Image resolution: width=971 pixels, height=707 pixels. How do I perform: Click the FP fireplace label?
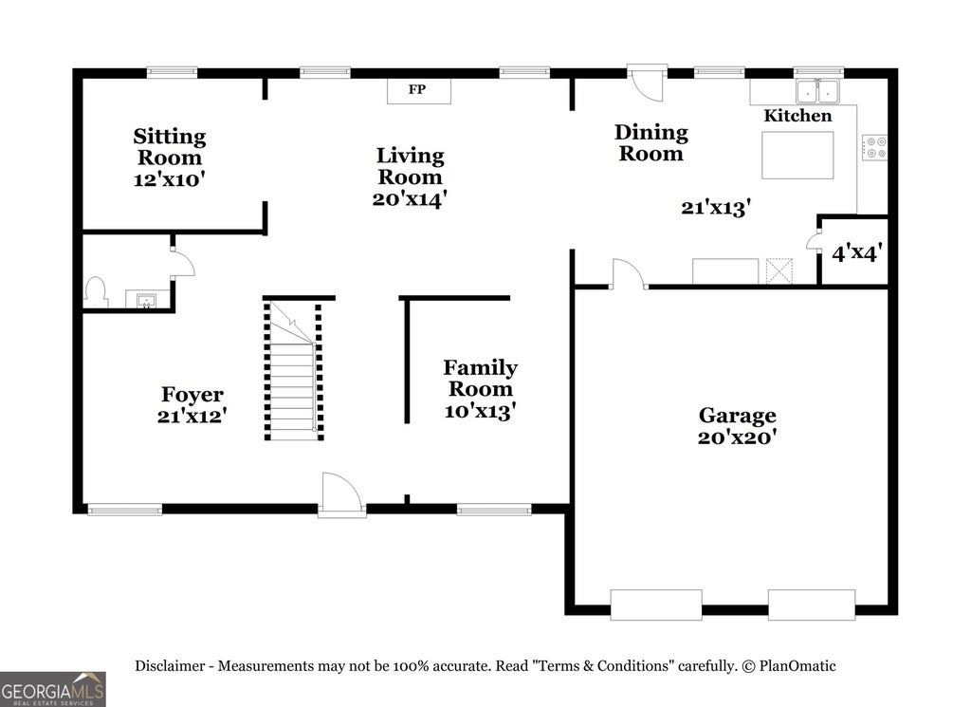click(x=417, y=89)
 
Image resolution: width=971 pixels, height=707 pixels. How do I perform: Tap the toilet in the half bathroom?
click(x=96, y=292)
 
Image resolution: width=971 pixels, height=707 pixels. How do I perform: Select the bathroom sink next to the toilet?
click(x=147, y=299)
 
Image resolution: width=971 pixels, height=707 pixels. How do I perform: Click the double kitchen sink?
click(x=817, y=92)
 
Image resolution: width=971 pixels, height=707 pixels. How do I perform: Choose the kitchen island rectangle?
click(x=797, y=155)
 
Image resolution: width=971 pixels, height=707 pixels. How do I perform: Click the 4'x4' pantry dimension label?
click(x=856, y=252)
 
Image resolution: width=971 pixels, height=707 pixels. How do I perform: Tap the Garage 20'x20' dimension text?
click(x=737, y=437)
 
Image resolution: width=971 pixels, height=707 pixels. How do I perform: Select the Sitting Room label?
click(x=170, y=146)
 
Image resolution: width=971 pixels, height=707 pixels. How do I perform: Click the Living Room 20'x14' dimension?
click(x=410, y=199)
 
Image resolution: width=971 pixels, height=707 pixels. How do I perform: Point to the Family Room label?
click(x=481, y=378)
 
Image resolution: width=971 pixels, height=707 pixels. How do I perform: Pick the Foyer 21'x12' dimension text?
click(x=192, y=416)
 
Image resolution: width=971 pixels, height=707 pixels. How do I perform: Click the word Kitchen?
click(x=797, y=115)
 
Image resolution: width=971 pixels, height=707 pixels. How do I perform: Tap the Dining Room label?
click(x=651, y=142)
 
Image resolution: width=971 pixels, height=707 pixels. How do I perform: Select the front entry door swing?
click(x=341, y=493)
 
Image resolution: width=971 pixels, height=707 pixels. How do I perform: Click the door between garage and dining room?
click(x=629, y=273)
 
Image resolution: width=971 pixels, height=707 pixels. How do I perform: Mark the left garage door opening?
click(x=656, y=605)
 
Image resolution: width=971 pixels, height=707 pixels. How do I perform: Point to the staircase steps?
click(x=293, y=370)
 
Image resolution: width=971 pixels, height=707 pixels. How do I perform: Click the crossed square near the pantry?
click(x=779, y=270)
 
